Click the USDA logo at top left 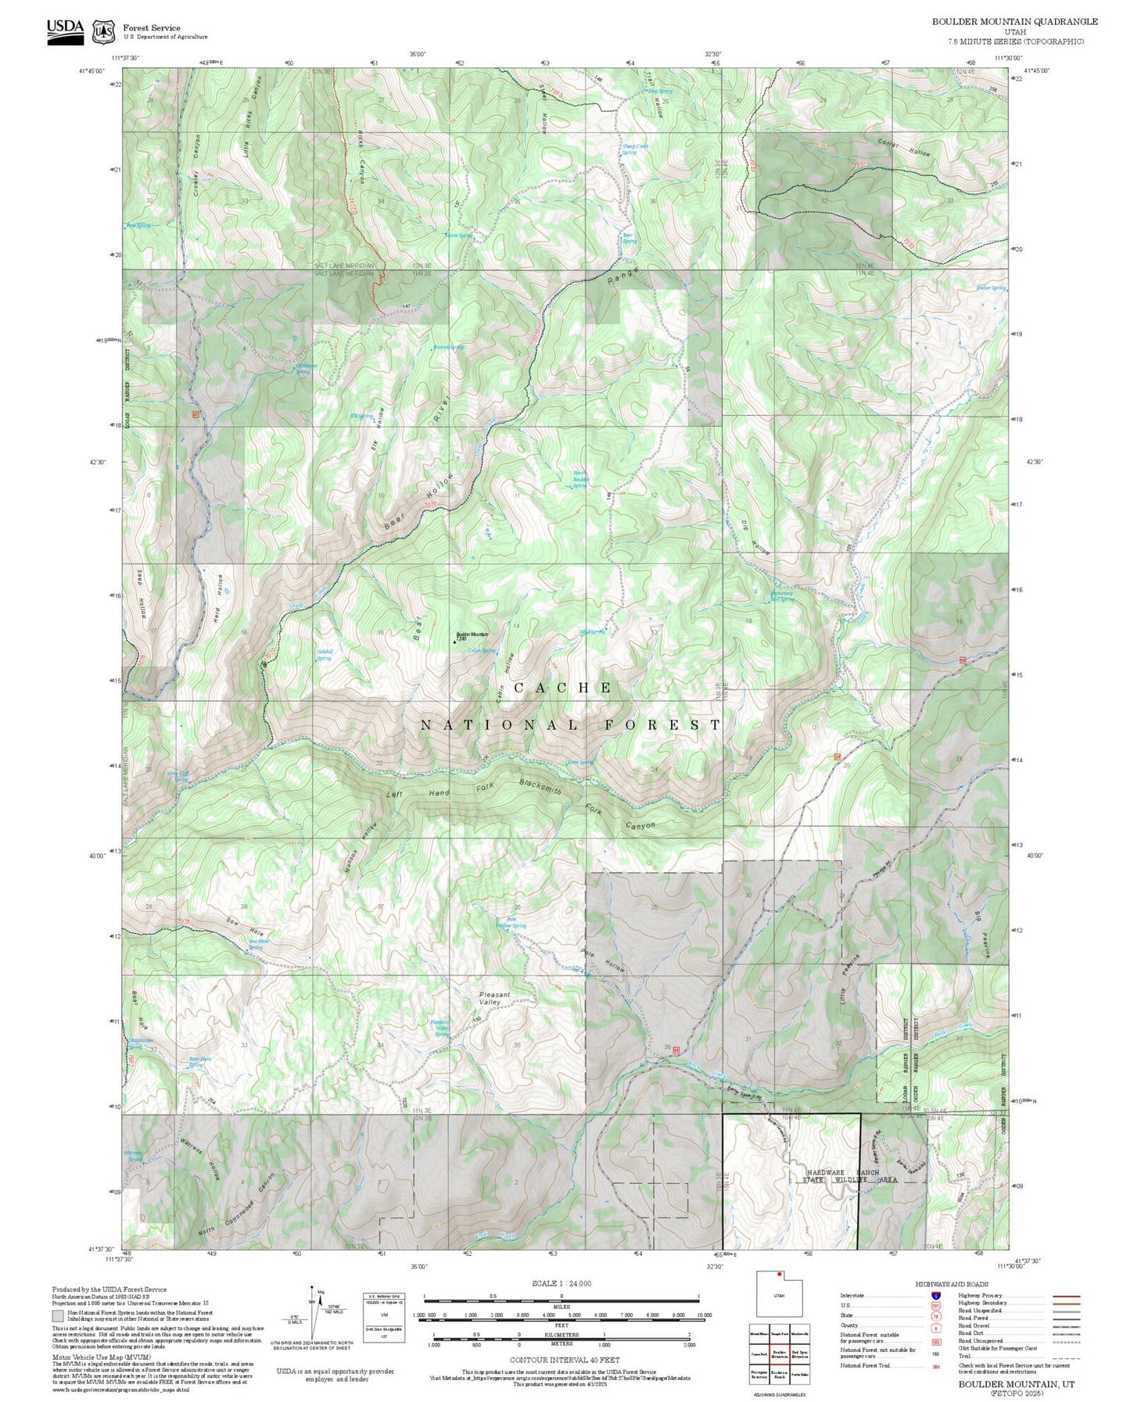click(65, 31)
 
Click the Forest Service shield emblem click(103, 32)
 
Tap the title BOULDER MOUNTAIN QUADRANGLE click(1014, 21)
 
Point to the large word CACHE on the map click(563, 688)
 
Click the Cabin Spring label click(482, 650)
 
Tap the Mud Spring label click(591, 631)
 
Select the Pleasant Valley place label click(494, 998)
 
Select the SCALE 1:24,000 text click(561, 1283)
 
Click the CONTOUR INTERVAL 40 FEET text click(564, 1360)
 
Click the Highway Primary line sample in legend click(1067, 1295)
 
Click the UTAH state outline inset click(779, 1294)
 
